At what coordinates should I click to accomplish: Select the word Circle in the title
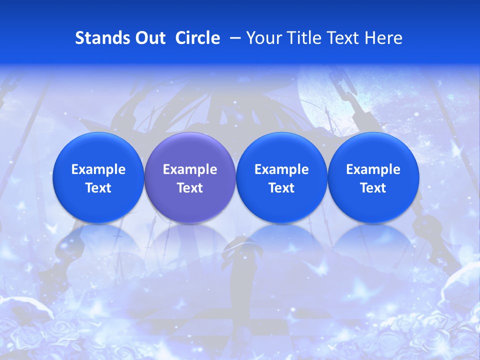[x=197, y=38]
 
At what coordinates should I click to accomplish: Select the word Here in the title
[x=384, y=38]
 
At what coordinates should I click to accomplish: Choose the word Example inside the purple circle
[x=190, y=169]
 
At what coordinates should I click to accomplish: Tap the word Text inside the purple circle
[x=190, y=188]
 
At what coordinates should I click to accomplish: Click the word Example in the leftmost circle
[x=98, y=169]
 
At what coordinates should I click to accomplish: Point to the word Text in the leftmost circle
[x=98, y=188]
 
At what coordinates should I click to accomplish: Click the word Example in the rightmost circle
[x=373, y=169]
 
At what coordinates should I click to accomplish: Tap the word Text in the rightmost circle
[x=373, y=188]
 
